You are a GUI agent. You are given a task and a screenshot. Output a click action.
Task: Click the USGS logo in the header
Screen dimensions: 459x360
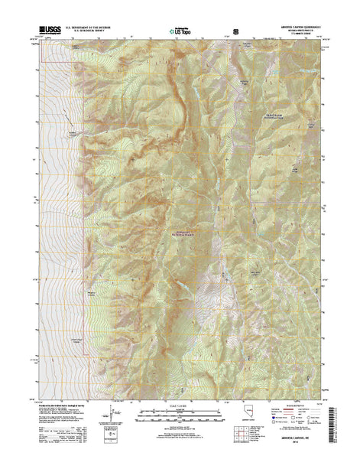tap(45, 31)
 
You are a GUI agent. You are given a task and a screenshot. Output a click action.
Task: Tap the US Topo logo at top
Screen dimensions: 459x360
tap(177, 31)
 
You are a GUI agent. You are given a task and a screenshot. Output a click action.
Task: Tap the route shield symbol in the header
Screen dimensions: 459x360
tap(235, 31)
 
